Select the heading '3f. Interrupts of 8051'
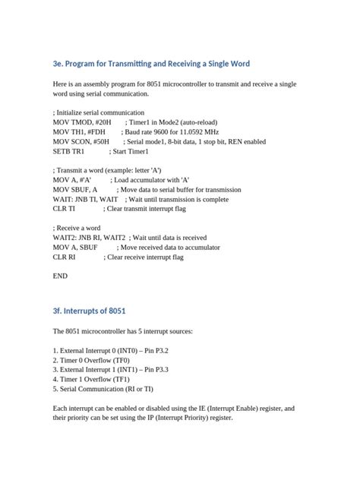coord(89,311)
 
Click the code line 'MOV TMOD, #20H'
coord(82,122)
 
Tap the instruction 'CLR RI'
coord(65,257)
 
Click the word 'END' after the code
coord(60,276)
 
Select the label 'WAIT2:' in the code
coord(65,238)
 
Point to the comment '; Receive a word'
coord(77,228)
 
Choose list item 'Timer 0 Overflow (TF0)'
coord(95,360)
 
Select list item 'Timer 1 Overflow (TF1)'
coord(95,379)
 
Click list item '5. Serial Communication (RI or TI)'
coord(103,389)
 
